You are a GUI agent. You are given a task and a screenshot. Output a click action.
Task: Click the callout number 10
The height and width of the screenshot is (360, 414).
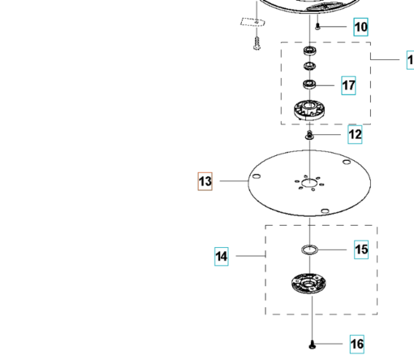tap(360, 27)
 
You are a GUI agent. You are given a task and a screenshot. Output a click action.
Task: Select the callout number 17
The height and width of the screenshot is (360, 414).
tap(348, 85)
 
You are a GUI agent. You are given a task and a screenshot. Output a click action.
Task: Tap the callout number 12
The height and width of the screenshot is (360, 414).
tap(355, 134)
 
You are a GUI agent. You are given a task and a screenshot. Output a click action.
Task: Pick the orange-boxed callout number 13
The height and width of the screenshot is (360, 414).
tap(205, 181)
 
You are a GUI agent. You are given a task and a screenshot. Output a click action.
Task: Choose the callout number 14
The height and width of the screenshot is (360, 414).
tap(222, 256)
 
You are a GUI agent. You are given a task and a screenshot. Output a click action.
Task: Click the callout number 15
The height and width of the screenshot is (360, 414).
tap(361, 249)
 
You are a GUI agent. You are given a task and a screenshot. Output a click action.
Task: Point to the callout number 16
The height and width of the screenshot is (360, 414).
tap(357, 344)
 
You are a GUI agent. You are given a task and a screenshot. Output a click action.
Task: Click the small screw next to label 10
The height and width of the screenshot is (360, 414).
tap(318, 27)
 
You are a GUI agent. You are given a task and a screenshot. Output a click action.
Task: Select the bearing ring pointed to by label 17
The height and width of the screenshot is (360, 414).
tap(309, 85)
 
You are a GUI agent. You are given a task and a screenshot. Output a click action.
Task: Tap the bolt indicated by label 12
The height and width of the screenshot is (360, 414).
tap(309, 136)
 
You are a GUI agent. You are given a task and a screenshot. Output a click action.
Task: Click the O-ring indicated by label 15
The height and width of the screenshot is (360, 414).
tap(309, 249)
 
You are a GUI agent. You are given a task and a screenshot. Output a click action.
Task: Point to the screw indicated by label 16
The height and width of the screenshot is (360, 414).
tap(313, 345)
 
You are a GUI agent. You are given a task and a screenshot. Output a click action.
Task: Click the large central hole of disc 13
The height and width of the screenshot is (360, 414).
tap(309, 184)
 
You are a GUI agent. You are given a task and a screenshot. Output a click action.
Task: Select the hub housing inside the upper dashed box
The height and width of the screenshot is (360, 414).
tap(309, 110)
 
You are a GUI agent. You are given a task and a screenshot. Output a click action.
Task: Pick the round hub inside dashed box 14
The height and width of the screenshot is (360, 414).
tap(308, 284)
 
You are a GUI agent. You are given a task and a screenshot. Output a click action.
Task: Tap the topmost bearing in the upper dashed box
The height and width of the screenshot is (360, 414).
tap(310, 50)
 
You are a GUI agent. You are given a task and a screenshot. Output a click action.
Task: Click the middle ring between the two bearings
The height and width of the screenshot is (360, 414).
tap(310, 66)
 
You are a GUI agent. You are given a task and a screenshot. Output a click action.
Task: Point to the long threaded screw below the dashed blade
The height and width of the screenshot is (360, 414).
tap(257, 43)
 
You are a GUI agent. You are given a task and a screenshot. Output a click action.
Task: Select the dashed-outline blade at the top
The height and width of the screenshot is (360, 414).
tap(252, 22)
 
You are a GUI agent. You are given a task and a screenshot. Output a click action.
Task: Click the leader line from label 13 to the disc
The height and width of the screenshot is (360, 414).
tap(234, 181)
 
